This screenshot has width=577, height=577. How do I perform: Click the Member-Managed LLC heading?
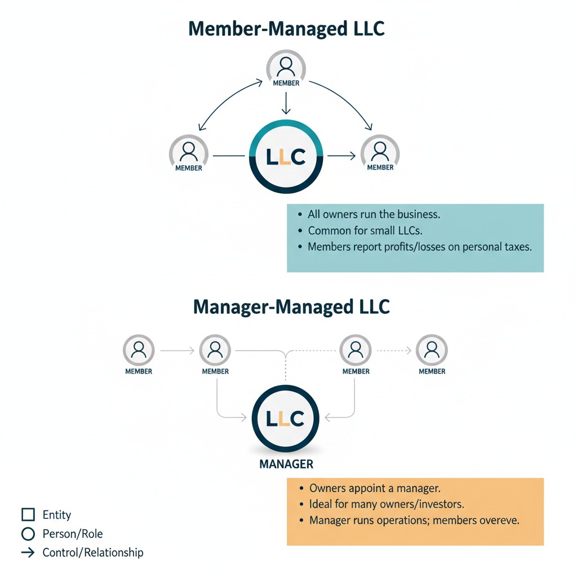pos(286,29)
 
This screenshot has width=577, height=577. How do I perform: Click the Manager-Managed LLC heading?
pos(291,307)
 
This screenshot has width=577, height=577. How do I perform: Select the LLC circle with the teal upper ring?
pos(286,157)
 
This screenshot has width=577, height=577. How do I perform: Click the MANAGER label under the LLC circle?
pos(286,464)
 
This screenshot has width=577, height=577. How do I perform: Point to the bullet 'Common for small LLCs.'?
pos(365,230)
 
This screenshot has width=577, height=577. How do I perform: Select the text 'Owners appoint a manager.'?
pos(375,489)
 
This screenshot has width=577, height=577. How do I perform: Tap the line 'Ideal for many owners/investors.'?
pos(387,504)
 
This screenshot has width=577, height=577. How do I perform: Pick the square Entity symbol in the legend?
pos(28,514)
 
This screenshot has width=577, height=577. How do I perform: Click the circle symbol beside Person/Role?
pos(28,534)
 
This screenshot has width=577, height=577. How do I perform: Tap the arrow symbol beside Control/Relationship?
pos(28,552)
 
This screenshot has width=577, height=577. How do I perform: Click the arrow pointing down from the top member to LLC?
pos(286,103)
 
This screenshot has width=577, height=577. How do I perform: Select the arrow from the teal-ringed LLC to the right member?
pos(341,156)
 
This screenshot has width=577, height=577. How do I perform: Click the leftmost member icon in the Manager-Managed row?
pos(139,350)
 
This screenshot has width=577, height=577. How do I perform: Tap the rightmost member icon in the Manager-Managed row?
pos(432,350)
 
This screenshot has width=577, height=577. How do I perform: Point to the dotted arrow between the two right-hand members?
pos(394,350)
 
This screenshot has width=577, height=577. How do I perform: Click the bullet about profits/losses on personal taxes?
pos(419,247)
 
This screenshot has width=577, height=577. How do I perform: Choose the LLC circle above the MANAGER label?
pos(286,419)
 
